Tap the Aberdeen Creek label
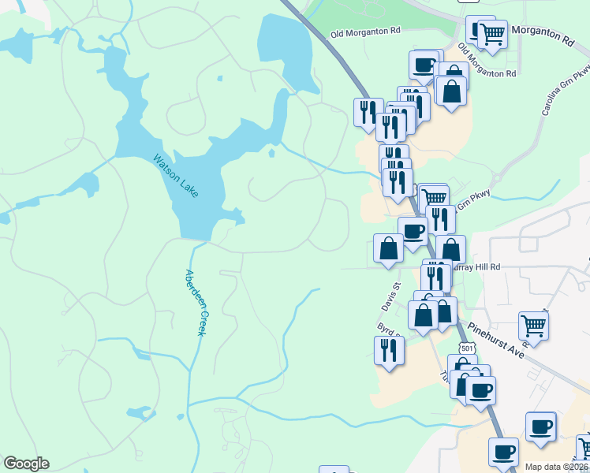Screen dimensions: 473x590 tap(195, 303)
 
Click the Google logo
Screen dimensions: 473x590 tap(26, 464)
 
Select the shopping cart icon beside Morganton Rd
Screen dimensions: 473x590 tap(492, 34)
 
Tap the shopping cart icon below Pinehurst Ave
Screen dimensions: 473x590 tap(534, 323)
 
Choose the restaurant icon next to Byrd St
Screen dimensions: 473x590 tap(389, 348)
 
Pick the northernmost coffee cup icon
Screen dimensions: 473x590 tap(424, 64)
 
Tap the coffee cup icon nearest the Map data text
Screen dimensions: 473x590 tap(503, 452)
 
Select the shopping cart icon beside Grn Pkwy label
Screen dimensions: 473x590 tap(434, 196)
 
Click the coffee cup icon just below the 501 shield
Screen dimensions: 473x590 tap(480, 389)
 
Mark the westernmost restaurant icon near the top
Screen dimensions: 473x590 tap(368, 111)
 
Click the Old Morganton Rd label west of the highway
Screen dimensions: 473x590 tap(366, 32)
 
